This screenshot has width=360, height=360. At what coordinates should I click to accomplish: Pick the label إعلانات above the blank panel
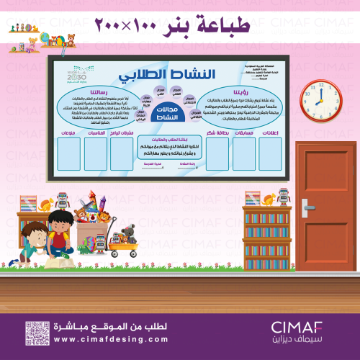pos(275,132)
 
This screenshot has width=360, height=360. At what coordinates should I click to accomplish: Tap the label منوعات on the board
pos(63,132)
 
